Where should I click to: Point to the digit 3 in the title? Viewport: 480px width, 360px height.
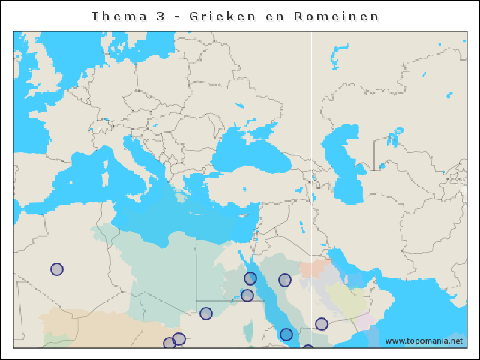pos(160,16)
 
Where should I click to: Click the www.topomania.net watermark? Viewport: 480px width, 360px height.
pos(424,341)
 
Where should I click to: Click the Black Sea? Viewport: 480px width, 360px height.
pos(247,154)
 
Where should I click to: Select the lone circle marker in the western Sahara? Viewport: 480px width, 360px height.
pos(57,269)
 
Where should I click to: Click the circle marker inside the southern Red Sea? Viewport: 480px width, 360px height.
pos(286,334)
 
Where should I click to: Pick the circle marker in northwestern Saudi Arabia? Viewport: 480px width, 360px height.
pos(285,280)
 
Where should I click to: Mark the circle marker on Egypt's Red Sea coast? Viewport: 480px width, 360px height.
pos(250,278)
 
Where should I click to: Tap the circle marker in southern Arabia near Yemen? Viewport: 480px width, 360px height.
pos(322,324)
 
